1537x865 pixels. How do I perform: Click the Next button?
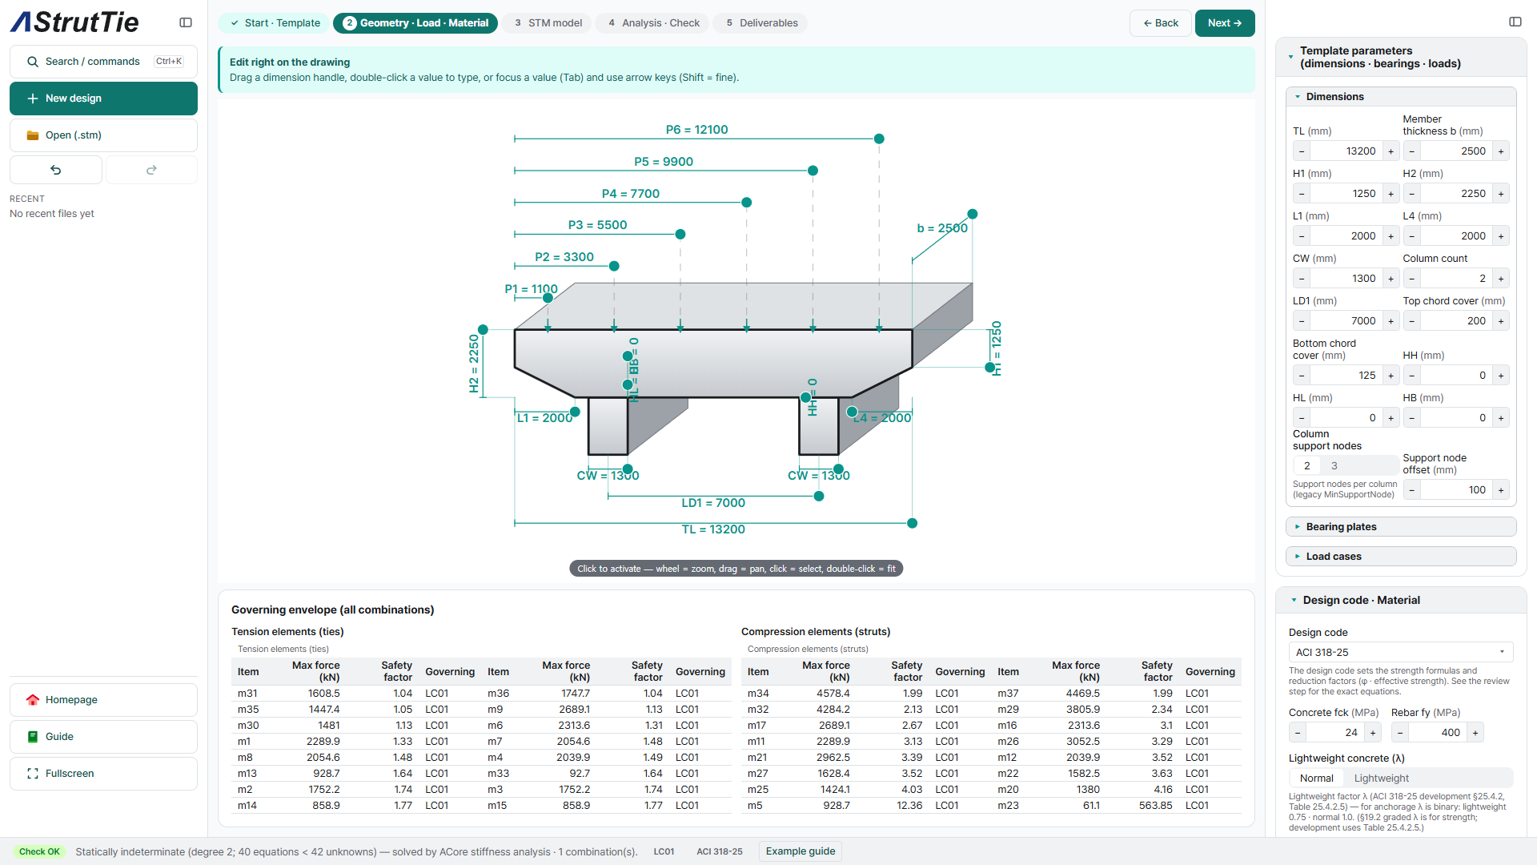click(x=1224, y=23)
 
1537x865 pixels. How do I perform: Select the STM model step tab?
click(x=548, y=23)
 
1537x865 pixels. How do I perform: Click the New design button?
click(x=103, y=99)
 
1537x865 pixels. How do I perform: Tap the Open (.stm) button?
click(x=103, y=135)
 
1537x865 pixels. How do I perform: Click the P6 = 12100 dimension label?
click(x=696, y=130)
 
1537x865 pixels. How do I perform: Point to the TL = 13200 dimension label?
click(x=713, y=529)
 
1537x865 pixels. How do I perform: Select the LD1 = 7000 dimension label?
click(x=713, y=503)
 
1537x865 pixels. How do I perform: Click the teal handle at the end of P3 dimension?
click(x=680, y=235)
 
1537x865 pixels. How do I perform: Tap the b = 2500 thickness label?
click(x=942, y=228)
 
